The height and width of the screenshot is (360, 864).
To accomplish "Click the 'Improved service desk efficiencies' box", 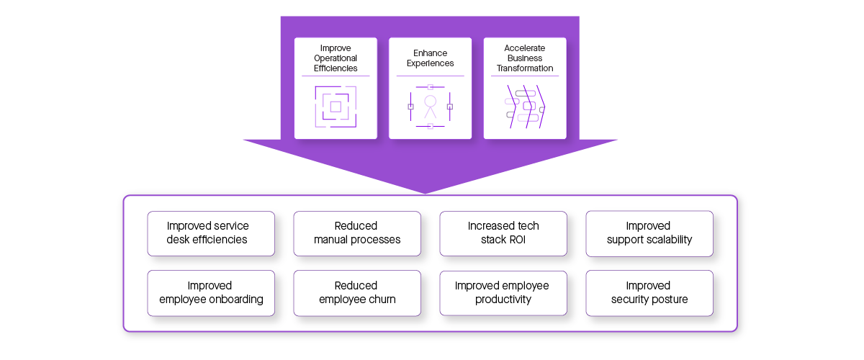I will pyautogui.click(x=211, y=233).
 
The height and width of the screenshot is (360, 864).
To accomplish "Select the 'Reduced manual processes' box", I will pyautogui.click(x=357, y=233).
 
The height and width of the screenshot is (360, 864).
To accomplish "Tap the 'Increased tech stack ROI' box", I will pyautogui.click(x=503, y=233).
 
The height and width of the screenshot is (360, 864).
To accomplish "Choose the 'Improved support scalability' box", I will pyautogui.click(x=649, y=233).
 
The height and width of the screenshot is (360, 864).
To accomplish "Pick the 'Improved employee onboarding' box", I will pyautogui.click(x=211, y=293).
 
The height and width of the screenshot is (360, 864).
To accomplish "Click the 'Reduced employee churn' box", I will pyautogui.click(x=357, y=293).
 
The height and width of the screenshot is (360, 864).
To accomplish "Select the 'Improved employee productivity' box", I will pyautogui.click(x=503, y=293).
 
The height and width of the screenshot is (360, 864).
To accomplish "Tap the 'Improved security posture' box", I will pyautogui.click(x=649, y=293).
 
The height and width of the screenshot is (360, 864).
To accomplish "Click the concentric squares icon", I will pyautogui.click(x=336, y=107).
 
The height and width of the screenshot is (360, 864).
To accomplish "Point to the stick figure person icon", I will pyautogui.click(x=431, y=107).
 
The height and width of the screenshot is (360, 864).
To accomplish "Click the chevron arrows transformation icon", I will pyautogui.click(x=525, y=107).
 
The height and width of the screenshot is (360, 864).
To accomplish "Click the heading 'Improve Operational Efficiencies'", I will pyautogui.click(x=336, y=58).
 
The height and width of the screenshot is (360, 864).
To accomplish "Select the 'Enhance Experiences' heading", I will pyautogui.click(x=431, y=58).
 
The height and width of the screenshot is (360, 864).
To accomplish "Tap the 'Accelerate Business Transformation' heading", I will pyautogui.click(x=525, y=58).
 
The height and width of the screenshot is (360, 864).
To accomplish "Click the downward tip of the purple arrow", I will pyautogui.click(x=426, y=192).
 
